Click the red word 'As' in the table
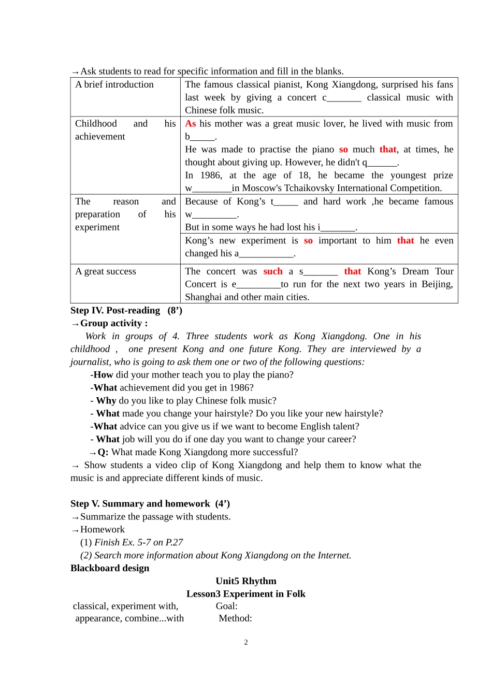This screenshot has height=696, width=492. click(191, 124)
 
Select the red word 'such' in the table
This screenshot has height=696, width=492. click(273, 271)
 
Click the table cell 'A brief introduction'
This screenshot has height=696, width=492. click(114, 84)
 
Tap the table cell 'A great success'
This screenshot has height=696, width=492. click(106, 271)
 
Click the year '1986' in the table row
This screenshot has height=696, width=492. click(211, 176)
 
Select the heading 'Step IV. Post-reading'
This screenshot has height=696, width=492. click(115, 310)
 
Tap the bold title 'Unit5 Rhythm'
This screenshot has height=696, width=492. click(246, 581)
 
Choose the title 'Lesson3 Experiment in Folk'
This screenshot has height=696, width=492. click(246, 594)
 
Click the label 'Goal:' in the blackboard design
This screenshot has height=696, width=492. click(227, 606)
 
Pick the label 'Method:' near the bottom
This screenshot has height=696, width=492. click(236, 618)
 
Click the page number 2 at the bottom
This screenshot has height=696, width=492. click(246, 643)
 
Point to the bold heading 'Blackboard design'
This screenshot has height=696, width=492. click(110, 568)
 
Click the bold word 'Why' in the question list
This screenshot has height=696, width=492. click(106, 401)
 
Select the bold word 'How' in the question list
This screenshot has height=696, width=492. click(103, 375)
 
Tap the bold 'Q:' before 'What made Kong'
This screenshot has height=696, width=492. click(103, 453)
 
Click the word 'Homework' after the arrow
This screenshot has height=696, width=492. click(103, 530)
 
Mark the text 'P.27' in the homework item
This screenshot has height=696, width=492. click(175, 543)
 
